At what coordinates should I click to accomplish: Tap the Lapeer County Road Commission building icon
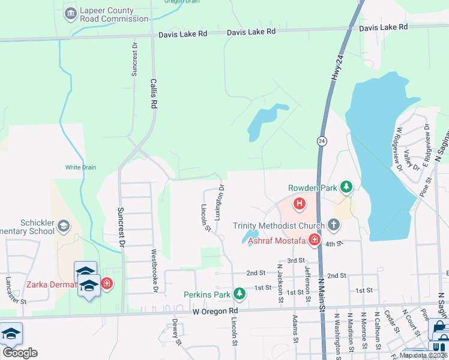pyautogui.click(x=71, y=12)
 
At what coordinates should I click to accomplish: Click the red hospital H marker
pyautogui.click(x=299, y=205)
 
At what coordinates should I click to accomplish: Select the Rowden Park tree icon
pyautogui.click(x=346, y=188)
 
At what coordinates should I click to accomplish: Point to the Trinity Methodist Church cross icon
pyautogui.click(x=334, y=226)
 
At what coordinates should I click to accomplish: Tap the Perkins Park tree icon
pyautogui.click(x=240, y=294)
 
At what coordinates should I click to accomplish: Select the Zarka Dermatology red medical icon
pyautogui.click(x=107, y=283)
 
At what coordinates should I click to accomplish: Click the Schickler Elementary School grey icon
pyautogui.click(x=64, y=226)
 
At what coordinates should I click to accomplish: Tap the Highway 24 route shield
pyautogui.click(x=322, y=140)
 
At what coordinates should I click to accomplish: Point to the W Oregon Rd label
pyautogui.click(x=215, y=311)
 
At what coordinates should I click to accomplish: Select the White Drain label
pyautogui.click(x=81, y=167)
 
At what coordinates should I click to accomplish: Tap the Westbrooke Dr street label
pyautogui.click(x=154, y=280)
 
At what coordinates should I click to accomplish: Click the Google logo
pyautogui.click(x=20, y=352)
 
